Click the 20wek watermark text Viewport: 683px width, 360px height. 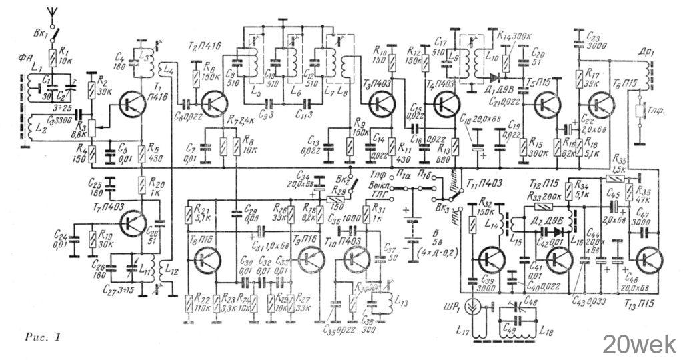click(639, 345)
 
